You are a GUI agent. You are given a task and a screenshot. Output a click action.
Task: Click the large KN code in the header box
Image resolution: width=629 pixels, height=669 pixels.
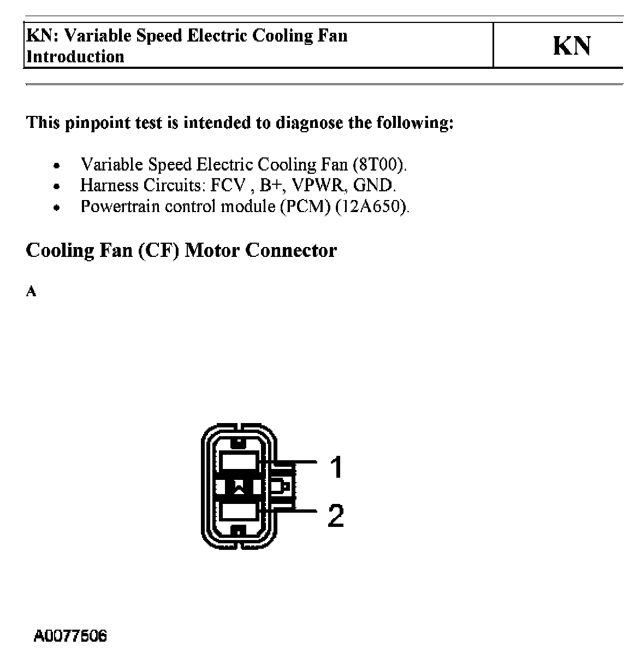pos(572,46)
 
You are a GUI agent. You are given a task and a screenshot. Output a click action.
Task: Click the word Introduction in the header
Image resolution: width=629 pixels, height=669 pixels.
pos(75,56)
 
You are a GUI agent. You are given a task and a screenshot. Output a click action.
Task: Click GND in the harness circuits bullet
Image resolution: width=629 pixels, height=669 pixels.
pos(373,185)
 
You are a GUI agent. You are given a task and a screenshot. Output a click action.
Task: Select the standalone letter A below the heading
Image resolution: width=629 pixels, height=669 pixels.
pos(31,292)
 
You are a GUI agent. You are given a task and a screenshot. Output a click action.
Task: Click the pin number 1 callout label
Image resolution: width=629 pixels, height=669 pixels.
pos(336,467)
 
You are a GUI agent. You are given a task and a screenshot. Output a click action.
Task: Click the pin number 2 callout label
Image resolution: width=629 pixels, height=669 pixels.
pos(336,515)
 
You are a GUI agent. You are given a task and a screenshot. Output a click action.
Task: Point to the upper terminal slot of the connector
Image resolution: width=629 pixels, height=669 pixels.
pos(239,462)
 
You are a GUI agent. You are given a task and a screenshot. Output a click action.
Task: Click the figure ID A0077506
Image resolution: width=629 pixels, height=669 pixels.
pos(70,636)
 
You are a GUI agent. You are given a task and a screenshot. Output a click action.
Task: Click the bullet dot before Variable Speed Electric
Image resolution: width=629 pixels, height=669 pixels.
pos(56,165)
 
